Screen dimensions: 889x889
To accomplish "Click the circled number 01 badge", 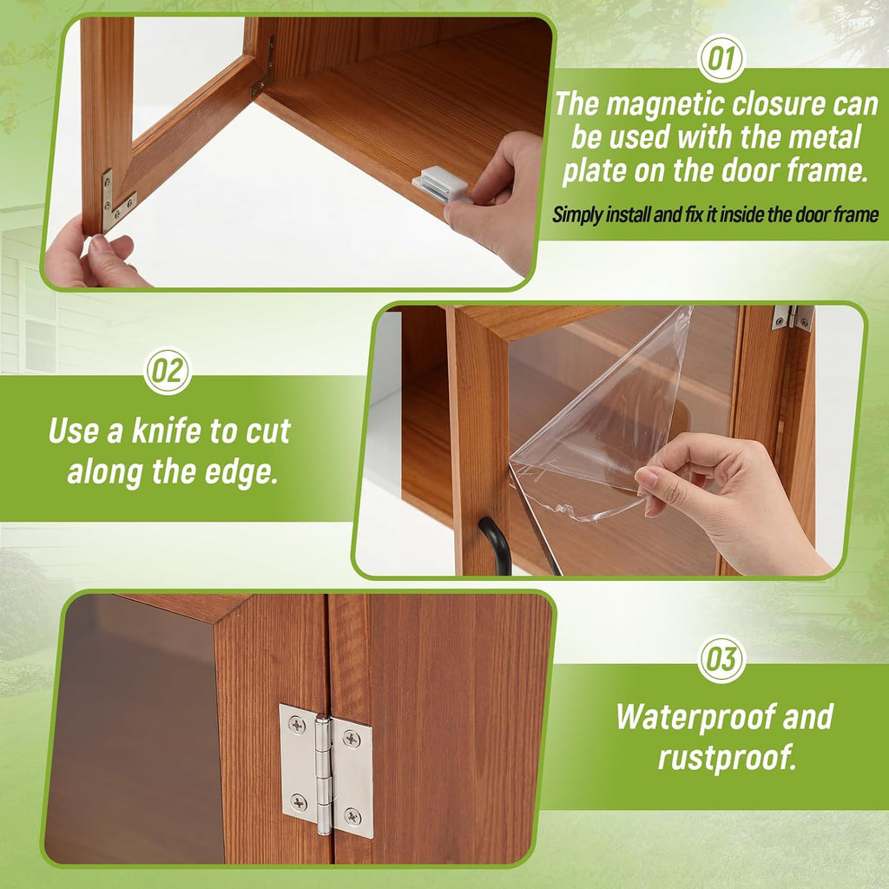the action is pos(721,59).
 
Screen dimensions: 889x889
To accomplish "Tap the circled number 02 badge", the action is pos(168,371).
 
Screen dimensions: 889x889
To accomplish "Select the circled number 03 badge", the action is pos(721,659).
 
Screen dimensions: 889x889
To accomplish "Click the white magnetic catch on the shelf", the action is pos(440,183).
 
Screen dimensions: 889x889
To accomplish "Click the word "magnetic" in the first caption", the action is pos(665,104).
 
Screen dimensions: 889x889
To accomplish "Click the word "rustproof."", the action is pos(727,757).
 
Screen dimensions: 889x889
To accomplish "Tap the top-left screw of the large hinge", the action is pos(297,724).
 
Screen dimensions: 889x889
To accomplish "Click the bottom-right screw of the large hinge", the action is pos(353,816).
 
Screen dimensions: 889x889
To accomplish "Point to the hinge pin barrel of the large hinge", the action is pos(323,774).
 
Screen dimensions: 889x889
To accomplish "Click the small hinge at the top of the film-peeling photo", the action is pos(794,318).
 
